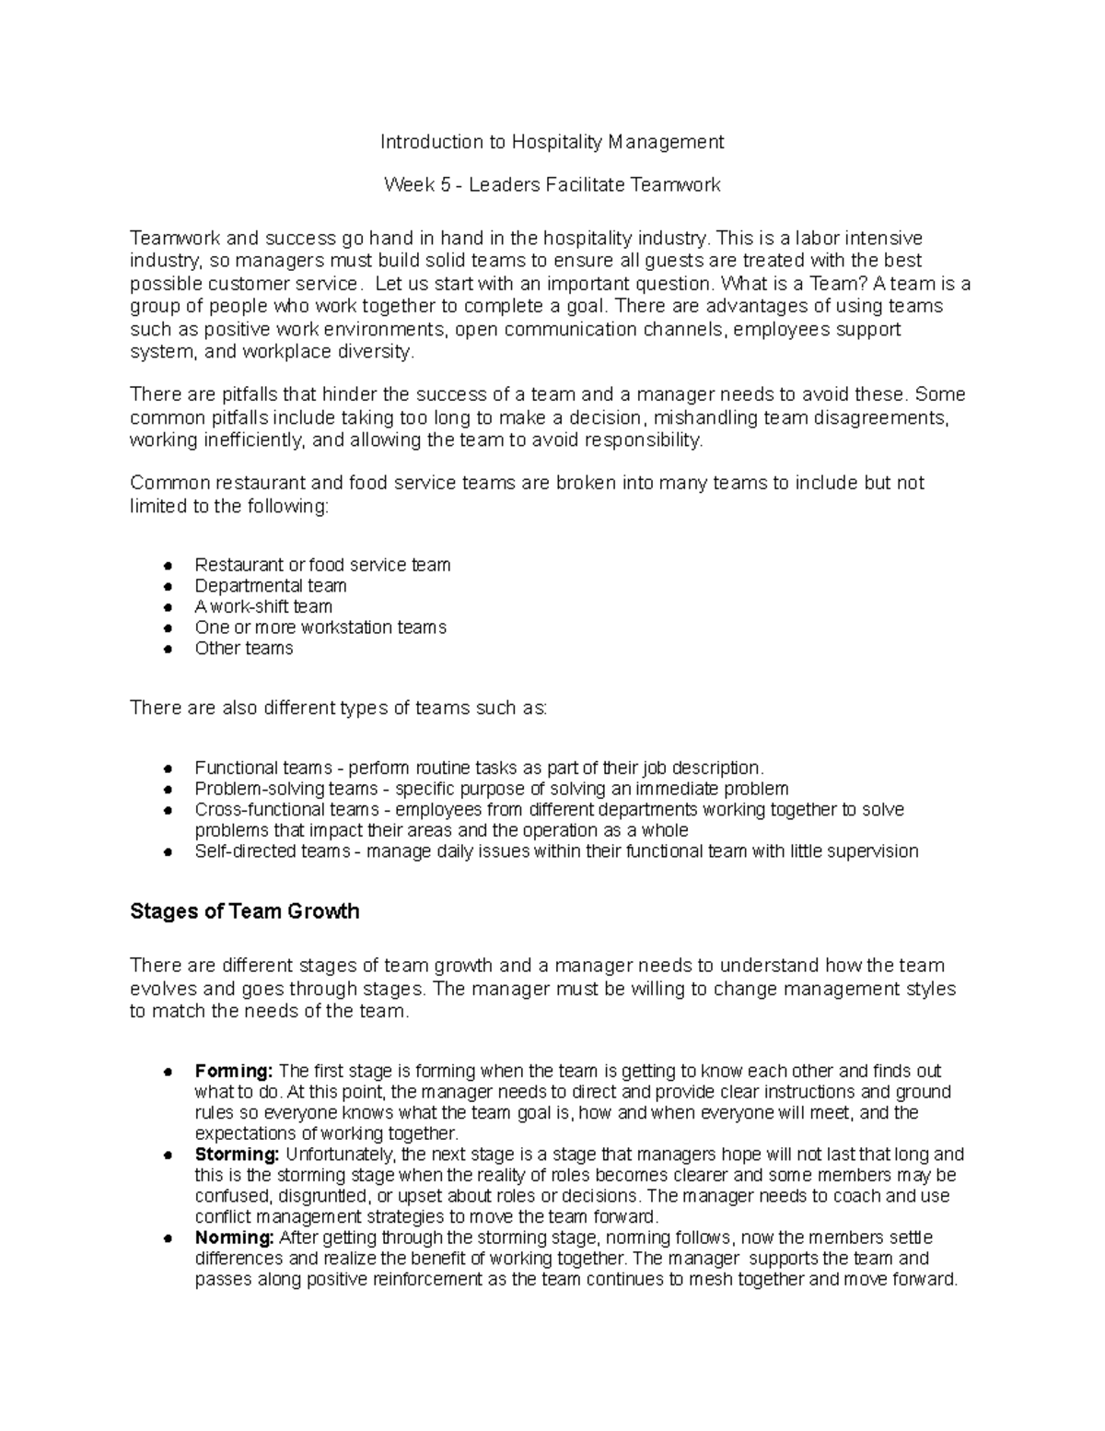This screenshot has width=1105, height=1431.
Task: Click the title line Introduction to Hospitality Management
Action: coord(552,142)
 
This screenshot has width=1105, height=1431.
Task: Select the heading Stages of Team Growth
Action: coord(244,912)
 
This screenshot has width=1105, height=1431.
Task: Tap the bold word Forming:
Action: coord(233,1072)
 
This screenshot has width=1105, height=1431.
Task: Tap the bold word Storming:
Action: coord(236,1155)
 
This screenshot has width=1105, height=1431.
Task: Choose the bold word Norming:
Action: coord(234,1237)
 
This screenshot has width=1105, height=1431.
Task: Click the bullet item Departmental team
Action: coord(270,586)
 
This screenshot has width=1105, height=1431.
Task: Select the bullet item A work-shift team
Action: coord(262,607)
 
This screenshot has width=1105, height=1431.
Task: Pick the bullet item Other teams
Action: coord(243,649)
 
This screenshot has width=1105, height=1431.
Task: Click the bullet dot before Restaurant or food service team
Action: coord(168,566)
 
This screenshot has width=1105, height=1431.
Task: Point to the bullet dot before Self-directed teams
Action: coord(168,852)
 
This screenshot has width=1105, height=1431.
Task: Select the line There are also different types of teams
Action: coord(338,709)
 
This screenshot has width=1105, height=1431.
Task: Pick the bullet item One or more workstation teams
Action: coord(320,628)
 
